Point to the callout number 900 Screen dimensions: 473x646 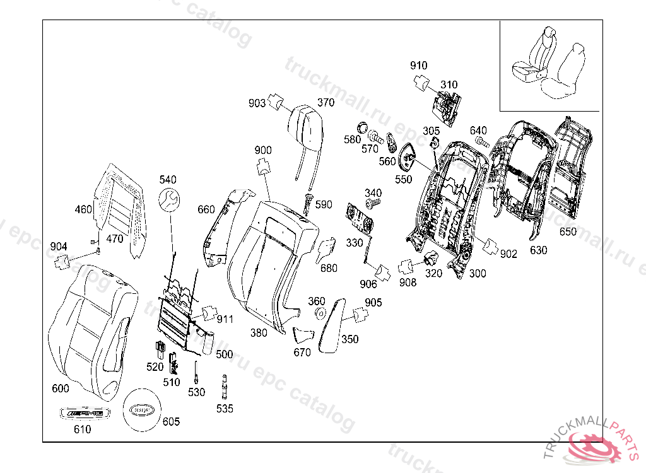[x=263, y=150]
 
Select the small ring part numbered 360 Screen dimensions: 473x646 [x=319, y=313]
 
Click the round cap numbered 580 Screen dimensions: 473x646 [x=362, y=125]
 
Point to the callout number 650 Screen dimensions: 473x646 [x=568, y=231]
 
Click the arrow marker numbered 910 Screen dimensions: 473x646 [x=421, y=80]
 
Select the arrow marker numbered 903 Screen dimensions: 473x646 [x=274, y=101]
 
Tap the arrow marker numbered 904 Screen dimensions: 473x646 [x=62, y=260]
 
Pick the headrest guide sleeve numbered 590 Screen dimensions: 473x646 [x=309, y=202]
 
